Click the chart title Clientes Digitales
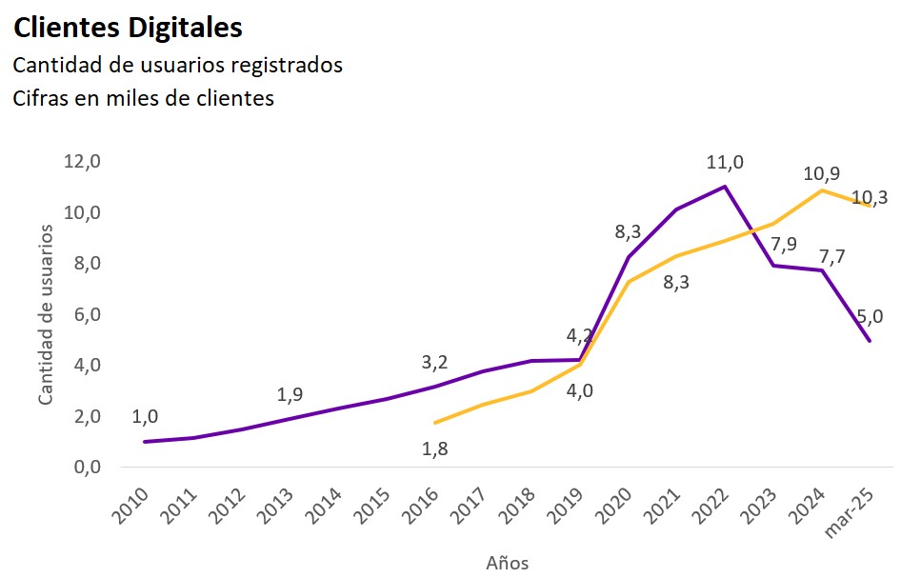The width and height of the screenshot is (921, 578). pyautogui.click(x=128, y=29)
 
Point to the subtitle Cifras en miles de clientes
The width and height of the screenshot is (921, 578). pyautogui.click(x=143, y=98)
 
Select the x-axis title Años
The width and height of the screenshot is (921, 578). pyautogui.click(x=507, y=562)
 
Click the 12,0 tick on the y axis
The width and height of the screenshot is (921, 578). pyautogui.click(x=82, y=161)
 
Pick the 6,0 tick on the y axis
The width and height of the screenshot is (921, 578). pyautogui.click(x=82, y=314)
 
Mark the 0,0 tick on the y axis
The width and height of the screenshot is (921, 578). pyautogui.click(x=82, y=468)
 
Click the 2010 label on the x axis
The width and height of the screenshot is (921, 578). pyautogui.click(x=133, y=505)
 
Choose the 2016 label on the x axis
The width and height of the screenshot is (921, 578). pyautogui.click(x=424, y=505)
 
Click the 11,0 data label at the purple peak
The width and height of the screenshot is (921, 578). pyautogui.click(x=725, y=163)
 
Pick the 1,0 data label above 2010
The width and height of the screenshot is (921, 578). pyautogui.click(x=145, y=416)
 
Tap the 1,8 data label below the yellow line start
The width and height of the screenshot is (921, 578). pyautogui.click(x=435, y=448)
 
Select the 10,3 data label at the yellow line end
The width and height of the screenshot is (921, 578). pyautogui.click(x=871, y=197)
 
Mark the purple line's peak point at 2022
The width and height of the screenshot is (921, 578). pyautogui.click(x=725, y=187)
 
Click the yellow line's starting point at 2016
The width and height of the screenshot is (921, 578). pyautogui.click(x=435, y=423)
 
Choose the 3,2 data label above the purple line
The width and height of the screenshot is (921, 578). pyautogui.click(x=435, y=362)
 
